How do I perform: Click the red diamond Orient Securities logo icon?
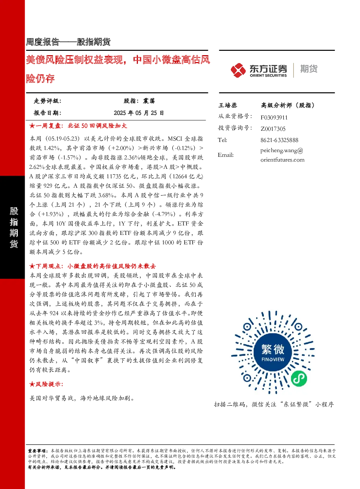tap(238, 70)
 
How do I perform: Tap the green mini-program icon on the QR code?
tap(299, 379)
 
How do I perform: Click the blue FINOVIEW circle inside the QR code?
tap(273, 353)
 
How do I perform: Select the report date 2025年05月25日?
tap(139, 113)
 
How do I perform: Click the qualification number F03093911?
tap(274, 118)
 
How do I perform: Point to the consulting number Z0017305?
tap(273, 129)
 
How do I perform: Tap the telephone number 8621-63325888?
tap(279, 140)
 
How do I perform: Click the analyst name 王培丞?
tap(228, 105)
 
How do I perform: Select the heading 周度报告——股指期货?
tap(68, 42)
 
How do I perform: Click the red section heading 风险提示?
tap(49, 384)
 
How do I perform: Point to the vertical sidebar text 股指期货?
tap(13, 227)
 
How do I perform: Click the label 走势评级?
tap(47, 101)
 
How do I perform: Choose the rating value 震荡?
tap(149, 101)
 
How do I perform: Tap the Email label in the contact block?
tap(226, 155)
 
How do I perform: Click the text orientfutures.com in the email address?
tap(282, 160)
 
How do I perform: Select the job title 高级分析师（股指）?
tap(288, 105)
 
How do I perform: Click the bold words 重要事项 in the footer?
tap(37, 451)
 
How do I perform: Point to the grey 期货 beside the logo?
tap(309, 69)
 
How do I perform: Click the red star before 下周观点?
tap(32, 266)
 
